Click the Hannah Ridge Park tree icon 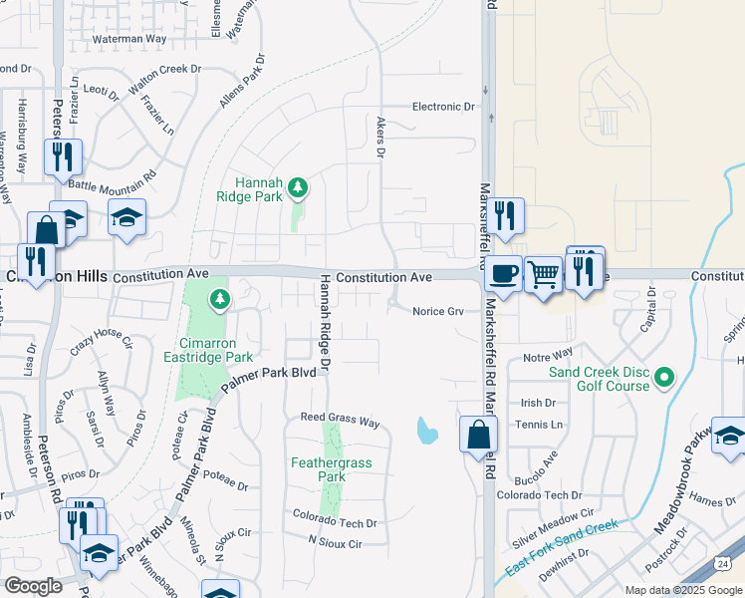point(297,186)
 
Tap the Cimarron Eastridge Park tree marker point(219,298)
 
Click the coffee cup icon point(504,272)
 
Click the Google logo point(33,586)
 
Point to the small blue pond point(427,431)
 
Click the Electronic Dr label point(444,107)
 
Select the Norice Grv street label point(439,312)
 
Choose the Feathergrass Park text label point(332,469)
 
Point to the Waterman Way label point(128,38)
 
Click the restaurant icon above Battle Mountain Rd point(62,156)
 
